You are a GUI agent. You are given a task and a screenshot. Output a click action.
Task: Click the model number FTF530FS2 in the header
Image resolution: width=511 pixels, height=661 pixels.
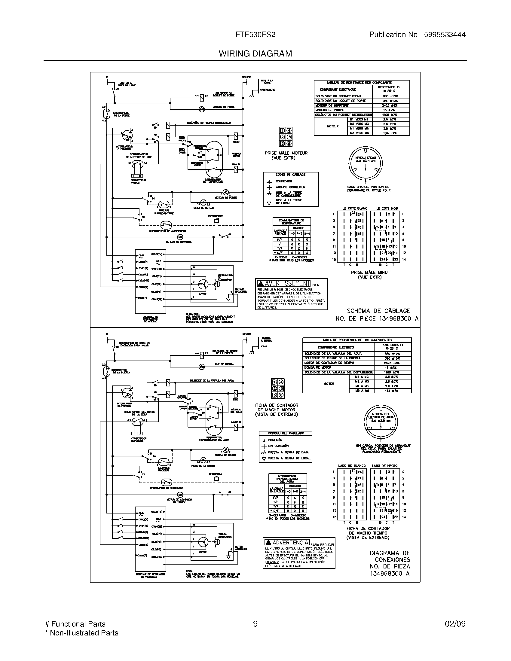(255, 35)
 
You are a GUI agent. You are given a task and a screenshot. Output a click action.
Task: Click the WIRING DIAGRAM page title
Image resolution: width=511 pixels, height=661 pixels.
(255, 53)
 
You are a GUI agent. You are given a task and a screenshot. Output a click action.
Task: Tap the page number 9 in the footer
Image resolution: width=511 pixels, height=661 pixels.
(255, 624)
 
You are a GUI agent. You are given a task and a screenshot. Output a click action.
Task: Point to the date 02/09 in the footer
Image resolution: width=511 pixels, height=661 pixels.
(455, 624)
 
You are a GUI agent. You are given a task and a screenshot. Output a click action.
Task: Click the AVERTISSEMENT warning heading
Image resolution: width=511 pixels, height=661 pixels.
(287, 283)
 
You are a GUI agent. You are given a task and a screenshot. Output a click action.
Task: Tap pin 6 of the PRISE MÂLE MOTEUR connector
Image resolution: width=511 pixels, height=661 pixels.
(289, 144)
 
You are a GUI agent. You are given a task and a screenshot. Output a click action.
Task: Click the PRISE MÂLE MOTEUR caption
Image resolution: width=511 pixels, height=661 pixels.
(286, 155)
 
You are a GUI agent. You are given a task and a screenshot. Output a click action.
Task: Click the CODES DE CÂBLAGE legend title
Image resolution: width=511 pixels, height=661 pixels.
(290, 175)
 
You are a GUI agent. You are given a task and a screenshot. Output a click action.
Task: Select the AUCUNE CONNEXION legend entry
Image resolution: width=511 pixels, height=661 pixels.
(290, 187)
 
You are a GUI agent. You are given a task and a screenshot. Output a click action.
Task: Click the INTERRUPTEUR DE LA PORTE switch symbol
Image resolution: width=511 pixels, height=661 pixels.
(106, 114)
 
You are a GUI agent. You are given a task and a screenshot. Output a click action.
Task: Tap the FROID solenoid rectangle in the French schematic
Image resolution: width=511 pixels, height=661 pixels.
(236, 136)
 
